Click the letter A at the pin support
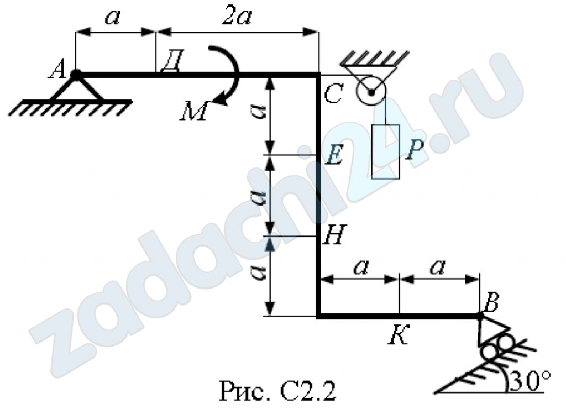coord(57,69)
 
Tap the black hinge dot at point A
coord(76,75)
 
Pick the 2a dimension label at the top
coord(237,17)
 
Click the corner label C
coord(333,94)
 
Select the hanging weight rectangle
coord(385,151)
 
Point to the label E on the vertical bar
coord(334,155)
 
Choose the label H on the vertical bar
coord(334,234)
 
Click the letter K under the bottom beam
coord(399,334)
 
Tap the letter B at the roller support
coord(491,302)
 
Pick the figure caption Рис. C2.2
coord(277,391)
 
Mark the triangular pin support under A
coord(76,89)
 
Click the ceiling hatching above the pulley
coord(375,59)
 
